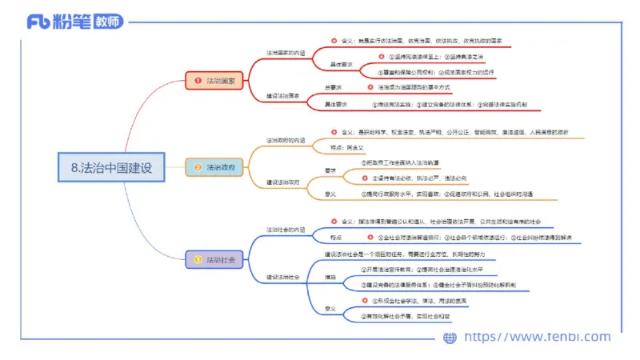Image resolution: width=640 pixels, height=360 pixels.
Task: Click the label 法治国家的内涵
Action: coord(286,54)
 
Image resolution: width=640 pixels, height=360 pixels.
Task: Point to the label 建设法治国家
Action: coord(283,96)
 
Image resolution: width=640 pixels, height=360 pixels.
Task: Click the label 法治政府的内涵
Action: coord(286,140)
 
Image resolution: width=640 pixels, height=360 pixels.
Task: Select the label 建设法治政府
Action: coord(283,182)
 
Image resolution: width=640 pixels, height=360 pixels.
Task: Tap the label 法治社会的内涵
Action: coord(286,230)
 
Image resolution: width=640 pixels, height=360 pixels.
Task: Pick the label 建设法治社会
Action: coord(283,277)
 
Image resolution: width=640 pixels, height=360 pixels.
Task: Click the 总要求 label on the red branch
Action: coord(334,86)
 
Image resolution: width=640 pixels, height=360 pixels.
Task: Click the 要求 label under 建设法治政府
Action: coord(330,170)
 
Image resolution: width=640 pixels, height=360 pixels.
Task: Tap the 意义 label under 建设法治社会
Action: coord(330,308)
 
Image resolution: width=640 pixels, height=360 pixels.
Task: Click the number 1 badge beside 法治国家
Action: coord(197,81)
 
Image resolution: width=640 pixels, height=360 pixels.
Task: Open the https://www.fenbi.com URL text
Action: coord(537,337)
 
